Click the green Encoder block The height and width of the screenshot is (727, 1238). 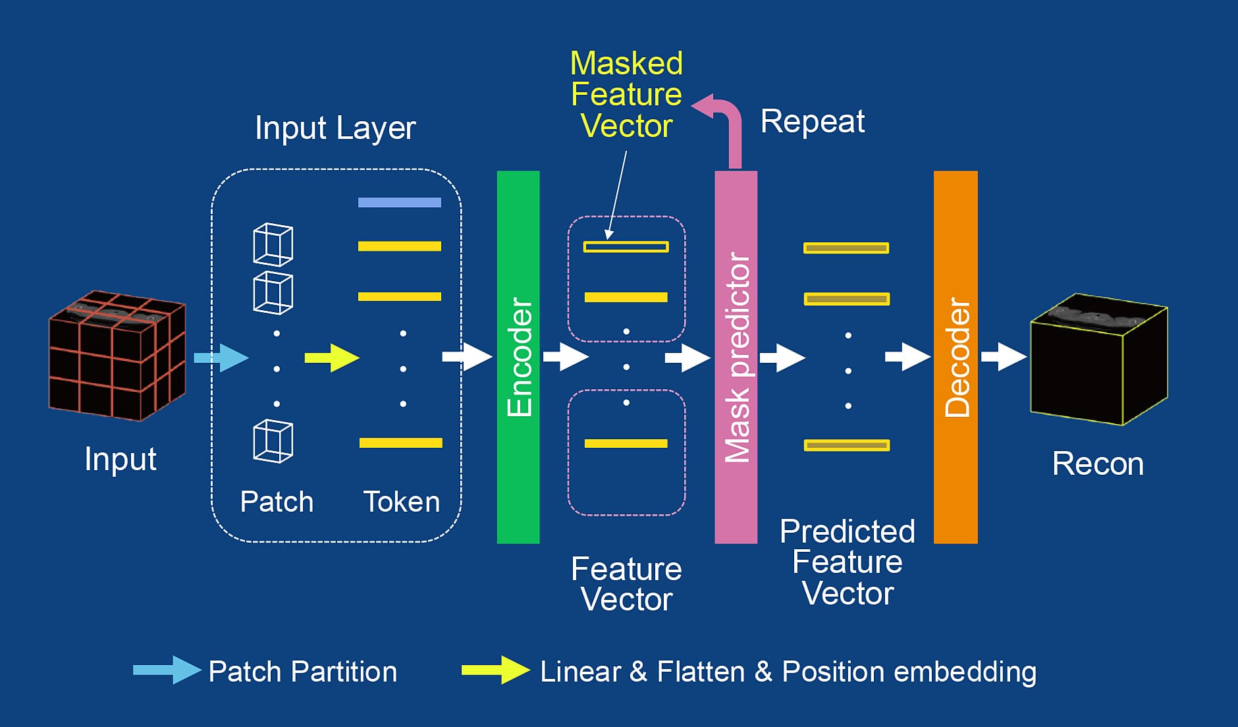tap(518, 357)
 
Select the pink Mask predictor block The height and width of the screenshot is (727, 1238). tap(736, 357)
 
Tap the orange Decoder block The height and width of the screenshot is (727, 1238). tap(955, 357)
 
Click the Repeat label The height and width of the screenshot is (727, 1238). tap(812, 121)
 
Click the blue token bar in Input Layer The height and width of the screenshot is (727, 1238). tap(399, 202)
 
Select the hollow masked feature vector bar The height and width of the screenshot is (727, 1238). tap(626, 247)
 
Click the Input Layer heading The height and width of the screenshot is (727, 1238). tap(335, 128)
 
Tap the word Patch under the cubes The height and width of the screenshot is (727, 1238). tap(277, 502)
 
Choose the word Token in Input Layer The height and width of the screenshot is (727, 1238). tap(402, 502)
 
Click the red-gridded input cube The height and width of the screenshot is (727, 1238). tap(117, 356)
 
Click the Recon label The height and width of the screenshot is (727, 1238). tap(1098, 464)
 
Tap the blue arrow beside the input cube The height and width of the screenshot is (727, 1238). tap(221, 358)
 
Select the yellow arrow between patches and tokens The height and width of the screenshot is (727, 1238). tap(332, 358)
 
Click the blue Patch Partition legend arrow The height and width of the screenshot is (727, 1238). tap(167, 670)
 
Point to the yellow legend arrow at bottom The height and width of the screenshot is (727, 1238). tap(495, 670)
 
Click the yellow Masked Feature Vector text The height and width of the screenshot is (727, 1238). tap(626, 95)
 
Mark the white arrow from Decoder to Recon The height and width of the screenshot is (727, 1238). tap(1004, 357)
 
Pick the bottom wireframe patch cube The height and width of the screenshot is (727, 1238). tap(273, 441)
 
